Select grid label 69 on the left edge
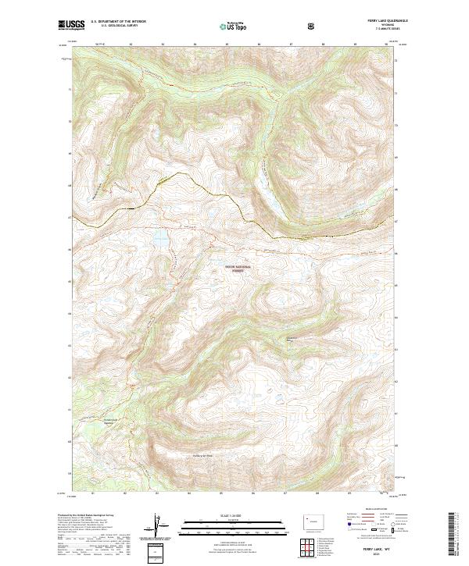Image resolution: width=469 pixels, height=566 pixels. pyautogui.click(x=69, y=155)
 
